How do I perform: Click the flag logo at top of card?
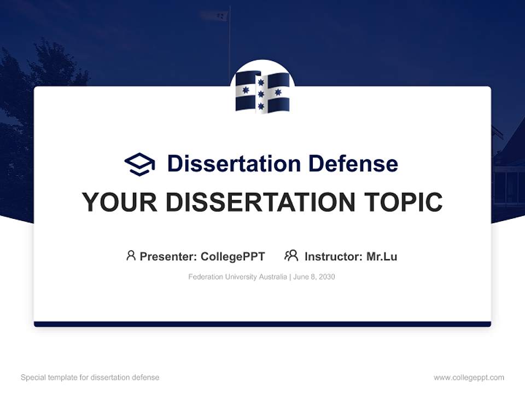pos(262,92)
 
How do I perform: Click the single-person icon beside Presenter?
pos(131,256)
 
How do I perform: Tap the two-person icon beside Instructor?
pos(291,256)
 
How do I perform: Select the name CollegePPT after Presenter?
pos(233,256)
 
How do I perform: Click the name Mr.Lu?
pos(382,256)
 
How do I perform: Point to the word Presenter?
pos(168,256)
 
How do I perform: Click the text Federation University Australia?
pos(237,277)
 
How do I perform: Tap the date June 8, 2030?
pos(314,277)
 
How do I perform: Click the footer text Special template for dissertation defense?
pos(90,378)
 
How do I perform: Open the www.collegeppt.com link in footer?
pos(469,378)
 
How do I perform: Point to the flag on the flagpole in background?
pos(214,15)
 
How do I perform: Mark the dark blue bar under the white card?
pos(262,324)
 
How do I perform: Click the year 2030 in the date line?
pos(326,277)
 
